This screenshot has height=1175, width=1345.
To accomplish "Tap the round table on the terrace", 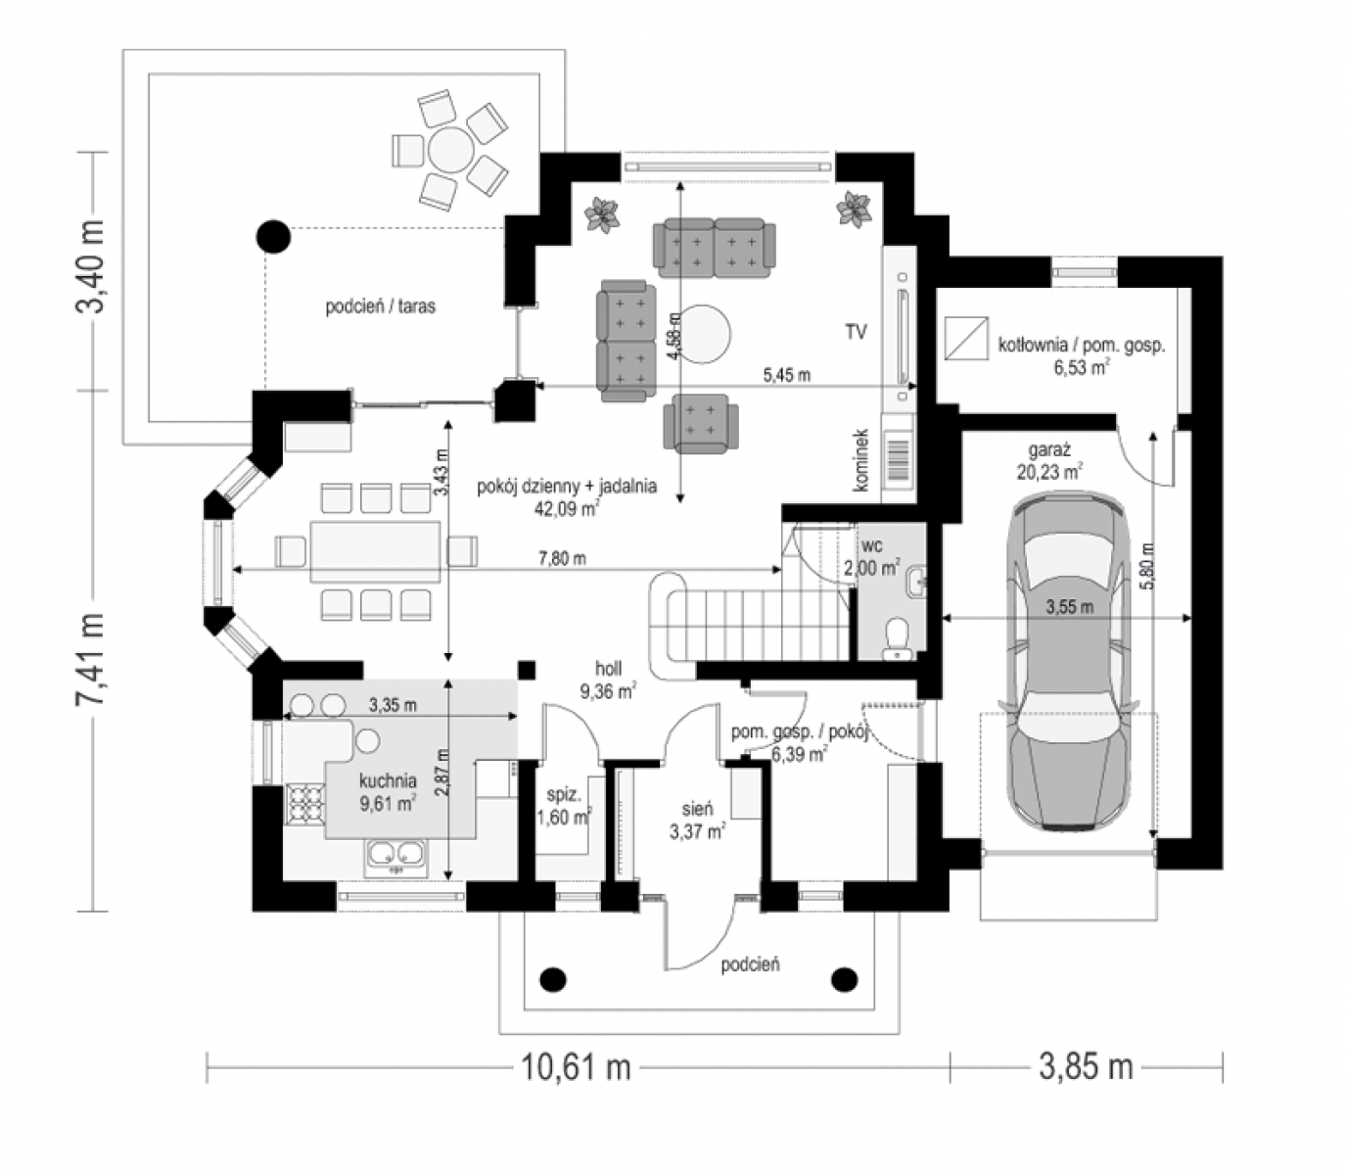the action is (x=450, y=150).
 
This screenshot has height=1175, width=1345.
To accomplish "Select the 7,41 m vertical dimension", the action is (x=91, y=660).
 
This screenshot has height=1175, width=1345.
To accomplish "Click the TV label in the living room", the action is (x=856, y=332).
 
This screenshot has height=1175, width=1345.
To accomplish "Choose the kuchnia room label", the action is (x=388, y=780).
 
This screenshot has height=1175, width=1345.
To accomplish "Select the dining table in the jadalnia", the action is (x=375, y=551).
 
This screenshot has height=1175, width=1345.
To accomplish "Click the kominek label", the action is (x=861, y=459).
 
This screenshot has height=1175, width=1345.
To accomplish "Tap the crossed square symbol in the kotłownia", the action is (x=966, y=338).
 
